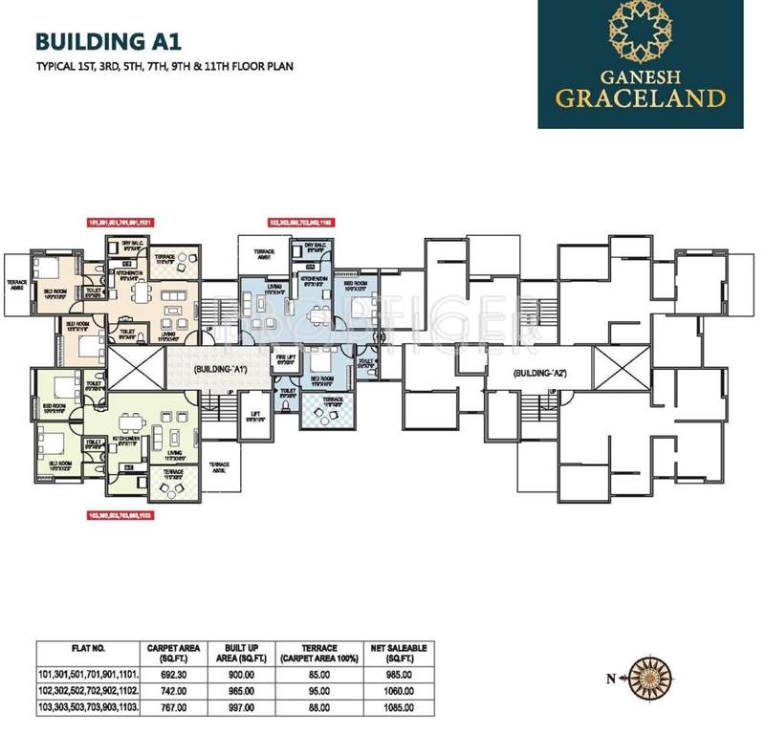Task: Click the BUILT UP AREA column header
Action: [234, 653]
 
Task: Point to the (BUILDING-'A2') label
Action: [541, 373]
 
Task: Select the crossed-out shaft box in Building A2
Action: [609, 365]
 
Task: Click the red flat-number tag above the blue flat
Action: [302, 222]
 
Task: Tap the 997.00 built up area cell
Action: [234, 706]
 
